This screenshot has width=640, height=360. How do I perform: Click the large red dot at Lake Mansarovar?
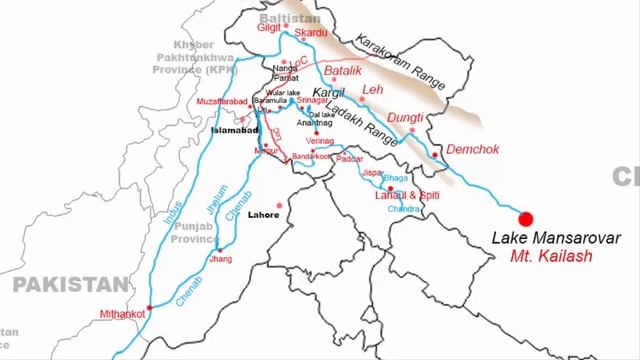[x=525, y=219]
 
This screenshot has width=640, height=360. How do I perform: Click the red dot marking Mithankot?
[x=150, y=307]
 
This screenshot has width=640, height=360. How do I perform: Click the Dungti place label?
[x=405, y=118]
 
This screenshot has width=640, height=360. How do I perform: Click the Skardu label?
[x=310, y=33]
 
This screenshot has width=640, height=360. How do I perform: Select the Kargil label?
[x=327, y=92]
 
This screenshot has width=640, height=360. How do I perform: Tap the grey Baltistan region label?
[x=287, y=19]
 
